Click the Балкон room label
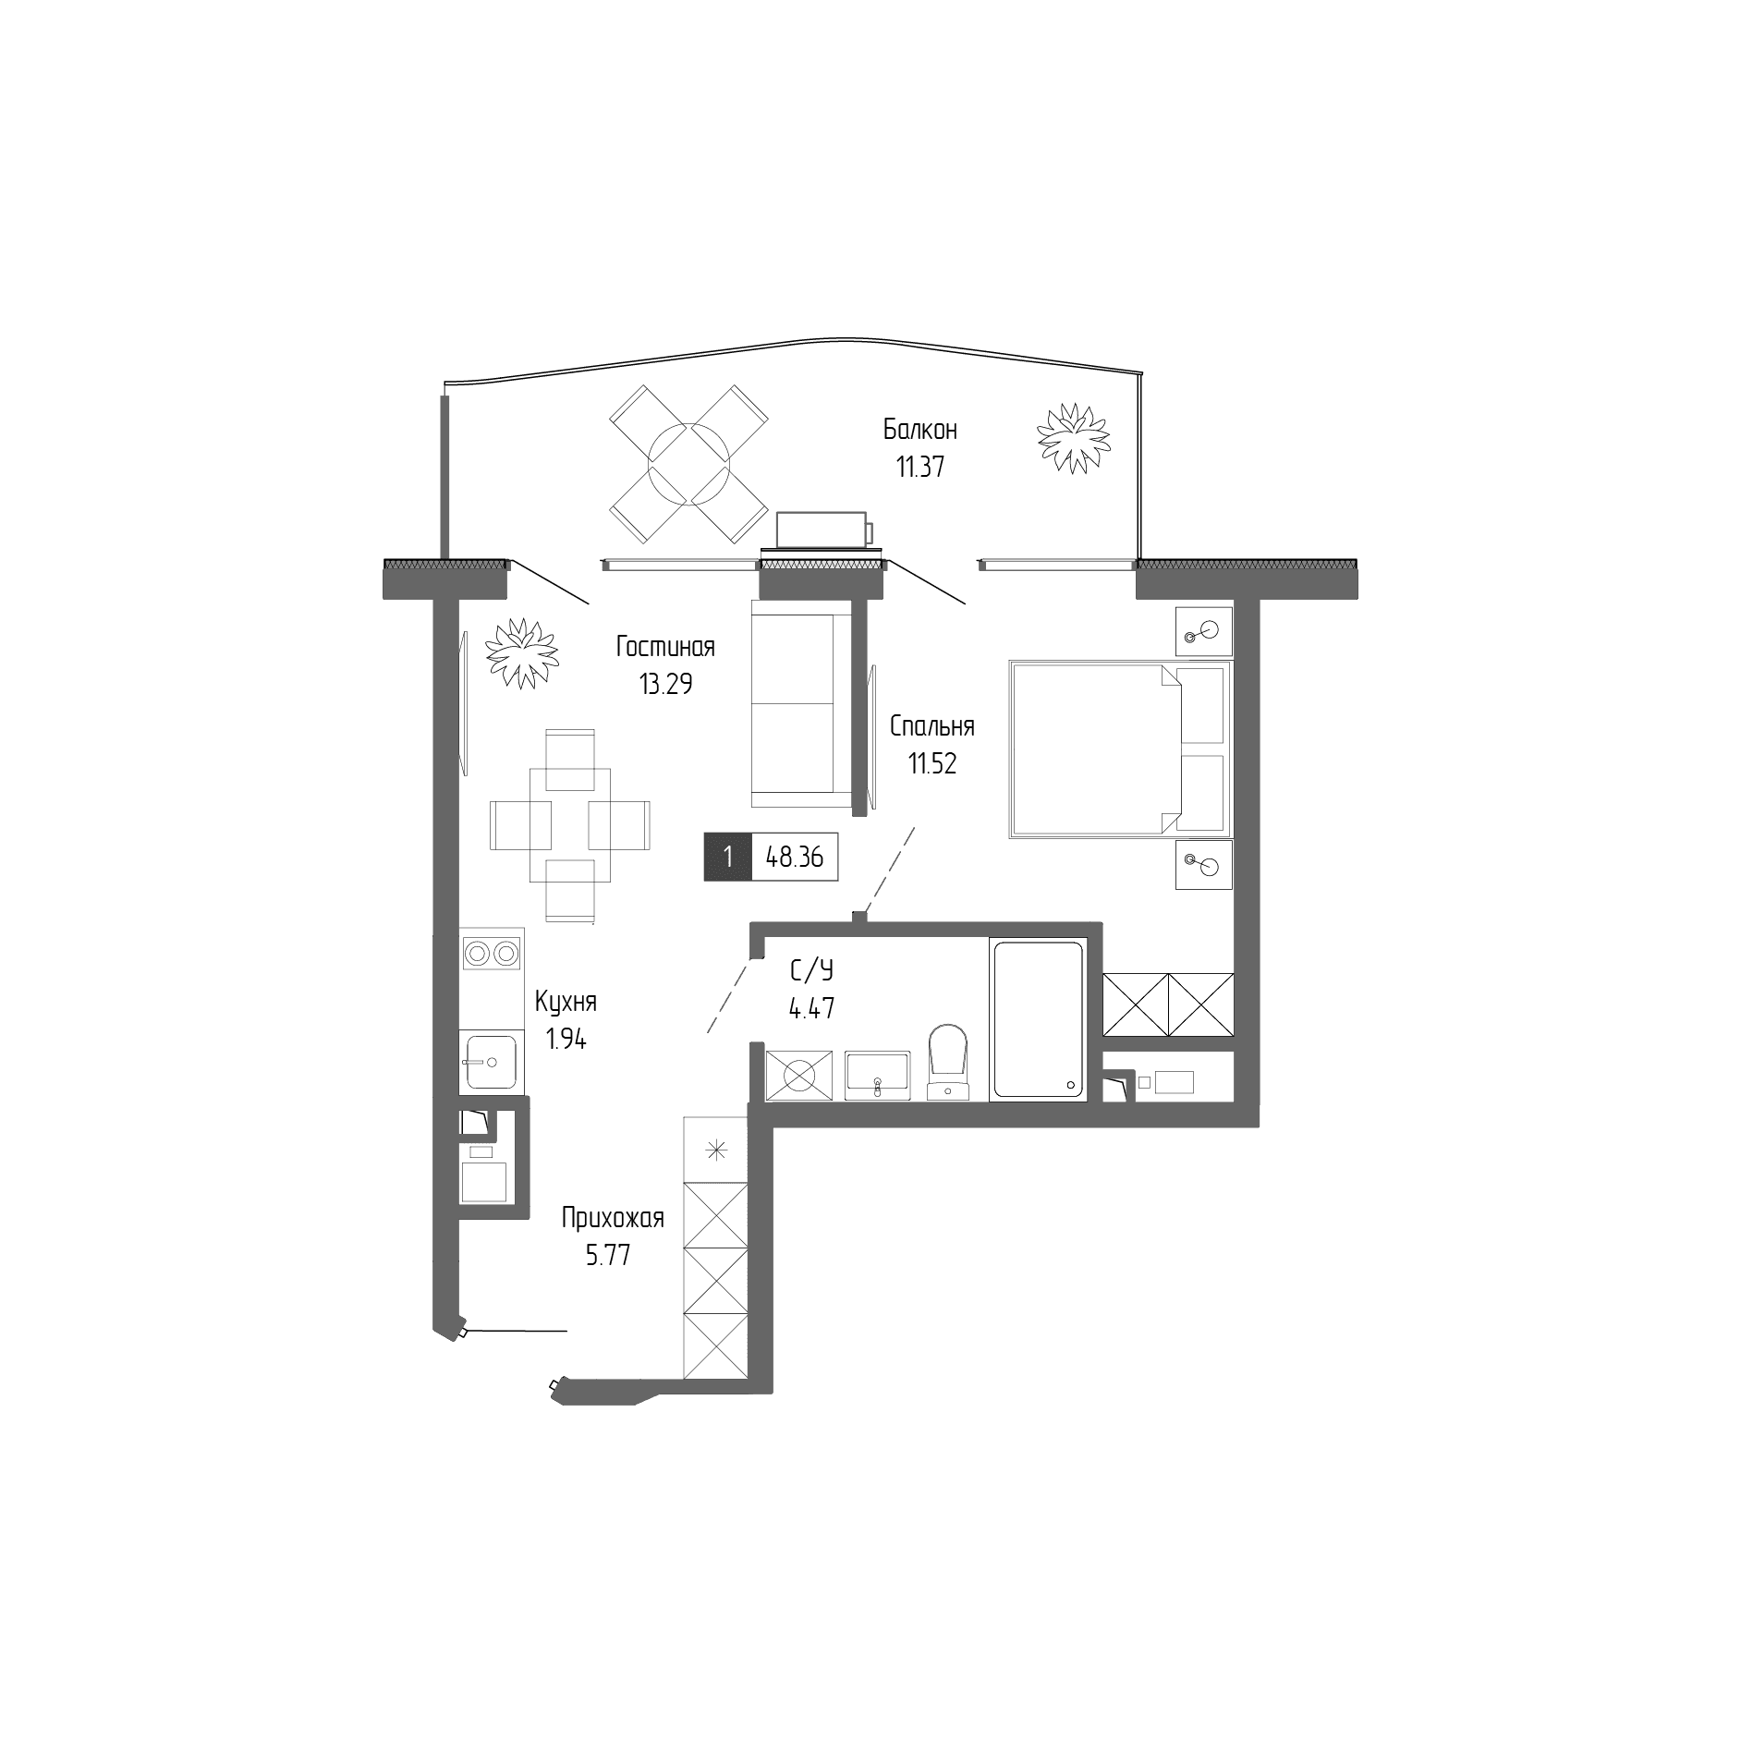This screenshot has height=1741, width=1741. pyautogui.click(x=919, y=430)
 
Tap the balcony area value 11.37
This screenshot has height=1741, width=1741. pyautogui.click(x=919, y=467)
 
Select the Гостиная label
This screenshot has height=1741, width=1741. pyautogui.click(x=665, y=647)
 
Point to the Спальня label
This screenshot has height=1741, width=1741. pyautogui.click(x=931, y=727)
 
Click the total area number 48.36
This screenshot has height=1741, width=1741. pyautogui.click(x=795, y=858)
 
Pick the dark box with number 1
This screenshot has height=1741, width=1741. pyautogui.click(x=728, y=858)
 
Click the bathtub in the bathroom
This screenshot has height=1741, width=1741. pyautogui.click(x=1036, y=1019)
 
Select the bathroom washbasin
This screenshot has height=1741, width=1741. pyautogui.click(x=879, y=1075)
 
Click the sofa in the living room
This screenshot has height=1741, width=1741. pyautogui.click(x=801, y=702)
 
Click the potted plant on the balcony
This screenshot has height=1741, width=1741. pyautogui.click(x=1073, y=438)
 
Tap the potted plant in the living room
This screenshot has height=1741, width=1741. pyautogui.click(x=523, y=653)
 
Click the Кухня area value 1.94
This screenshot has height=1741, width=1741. pyautogui.click(x=566, y=1040)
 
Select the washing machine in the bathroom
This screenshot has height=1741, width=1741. pyautogui.click(x=799, y=1075)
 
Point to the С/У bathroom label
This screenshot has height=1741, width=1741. pyautogui.click(x=811, y=970)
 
